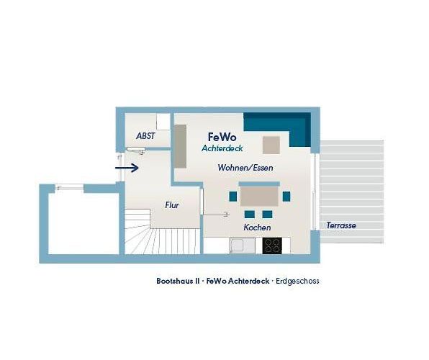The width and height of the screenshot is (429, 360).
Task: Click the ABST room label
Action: pyautogui.click(x=145, y=136)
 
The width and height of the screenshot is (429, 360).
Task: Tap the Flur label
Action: pyautogui.click(x=172, y=205)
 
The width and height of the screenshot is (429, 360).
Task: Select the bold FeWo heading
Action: pyautogui.click(x=222, y=137)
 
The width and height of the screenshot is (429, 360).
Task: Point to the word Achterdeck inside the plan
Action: pyautogui.click(x=222, y=148)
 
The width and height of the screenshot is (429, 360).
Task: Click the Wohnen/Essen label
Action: pyautogui.click(x=245, y=168)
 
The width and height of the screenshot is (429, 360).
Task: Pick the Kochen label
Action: pyautogui.click(x=257, y=228)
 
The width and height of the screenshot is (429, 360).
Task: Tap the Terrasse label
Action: pyautogui.click(x=341, y=225)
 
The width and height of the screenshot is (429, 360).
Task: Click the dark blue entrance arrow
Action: pyautogui.click(x=127, y=168)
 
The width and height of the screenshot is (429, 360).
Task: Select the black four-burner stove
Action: pyautogui.click(x=272, y=246)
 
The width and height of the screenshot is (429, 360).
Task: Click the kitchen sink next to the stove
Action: pyautogui.click(x=243, y=246)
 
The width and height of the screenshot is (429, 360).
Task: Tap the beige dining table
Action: pyautogui.click(x=259, y=197)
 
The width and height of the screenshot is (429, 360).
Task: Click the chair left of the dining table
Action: pyautogui.click(x=232, y=197)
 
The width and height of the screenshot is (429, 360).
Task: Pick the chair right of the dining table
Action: pyautogui.click(x=286, y=197)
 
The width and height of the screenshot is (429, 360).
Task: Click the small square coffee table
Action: pyautogui.click(x=271, y=145)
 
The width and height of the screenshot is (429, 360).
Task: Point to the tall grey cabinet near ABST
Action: pyautogui.click(x=180, y=146)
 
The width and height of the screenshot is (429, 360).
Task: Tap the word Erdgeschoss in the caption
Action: pyautogui.click(x=297, y=281)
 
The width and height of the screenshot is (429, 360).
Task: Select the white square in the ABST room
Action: pyautogui.click(x=163, y=122)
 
